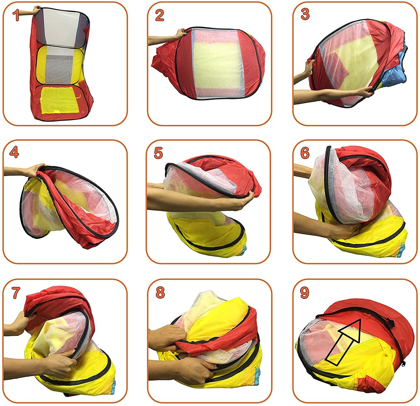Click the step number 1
[x=16, y=16]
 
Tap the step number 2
[x=159, y=16]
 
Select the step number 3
[x=305, y=15]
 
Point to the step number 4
[x=14, y=152]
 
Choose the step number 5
[x=158, y=153]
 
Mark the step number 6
[x=305, y=152]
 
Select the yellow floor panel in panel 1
[x=59, y=100]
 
